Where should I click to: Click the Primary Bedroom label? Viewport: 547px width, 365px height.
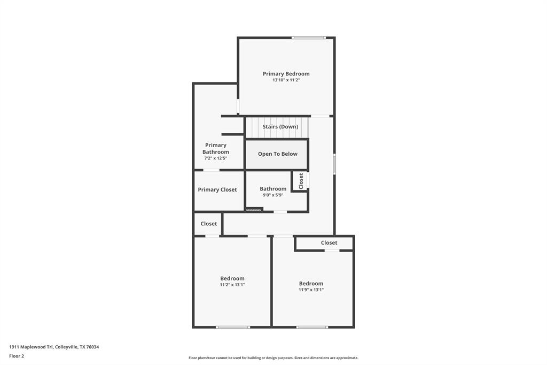[286, 74]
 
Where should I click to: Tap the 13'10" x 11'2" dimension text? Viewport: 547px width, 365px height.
[286, 80]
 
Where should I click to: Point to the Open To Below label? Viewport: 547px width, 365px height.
[277, 154]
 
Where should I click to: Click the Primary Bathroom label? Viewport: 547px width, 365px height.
[215, 148]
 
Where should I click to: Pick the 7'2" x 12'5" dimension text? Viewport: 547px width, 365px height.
[215, 158]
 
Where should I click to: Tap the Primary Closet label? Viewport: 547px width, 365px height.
[217, 189]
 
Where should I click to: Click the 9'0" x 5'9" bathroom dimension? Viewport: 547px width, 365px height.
[272, 195]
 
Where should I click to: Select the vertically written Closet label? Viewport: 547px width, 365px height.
[301, 181]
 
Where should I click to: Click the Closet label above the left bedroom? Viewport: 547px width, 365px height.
[208, 224]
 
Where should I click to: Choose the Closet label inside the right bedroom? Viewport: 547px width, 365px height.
[329, 243]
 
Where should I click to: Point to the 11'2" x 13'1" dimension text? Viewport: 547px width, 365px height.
[232, 285]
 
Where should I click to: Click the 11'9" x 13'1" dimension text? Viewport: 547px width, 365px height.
[311, 290]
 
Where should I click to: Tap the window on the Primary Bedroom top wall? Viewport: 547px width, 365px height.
[308, 37]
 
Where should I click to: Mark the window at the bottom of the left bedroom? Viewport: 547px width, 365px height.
[232, 327]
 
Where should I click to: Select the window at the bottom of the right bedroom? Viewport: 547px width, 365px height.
[312, 327]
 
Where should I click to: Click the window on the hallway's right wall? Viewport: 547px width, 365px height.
[334, 164]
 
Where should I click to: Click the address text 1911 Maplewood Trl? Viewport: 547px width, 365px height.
[54, 347]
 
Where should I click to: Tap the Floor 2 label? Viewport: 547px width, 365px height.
[17, 356]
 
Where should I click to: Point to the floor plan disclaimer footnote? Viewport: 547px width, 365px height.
[273, 358]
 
